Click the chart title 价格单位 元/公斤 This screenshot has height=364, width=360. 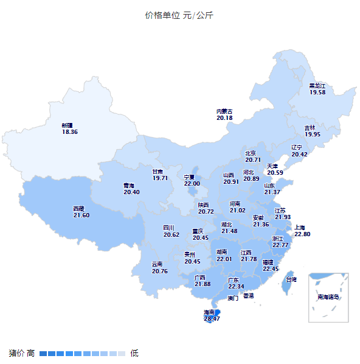(179, 15)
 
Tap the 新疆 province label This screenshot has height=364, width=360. (67, 125)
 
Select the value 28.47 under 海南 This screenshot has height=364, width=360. (212, 318)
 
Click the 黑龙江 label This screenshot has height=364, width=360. (317, 86)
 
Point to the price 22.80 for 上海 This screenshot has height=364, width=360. (302, 234)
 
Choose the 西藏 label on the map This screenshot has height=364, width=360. (79, 209)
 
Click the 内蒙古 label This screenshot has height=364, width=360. (224, 111)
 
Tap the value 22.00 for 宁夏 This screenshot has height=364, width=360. (192, 184)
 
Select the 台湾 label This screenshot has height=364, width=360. (291, 280)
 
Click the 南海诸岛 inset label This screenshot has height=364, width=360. (328, 297)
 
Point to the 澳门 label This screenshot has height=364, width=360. (232, 298)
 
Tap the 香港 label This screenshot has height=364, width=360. (249, 296)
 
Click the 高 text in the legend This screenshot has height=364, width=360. (30, 353)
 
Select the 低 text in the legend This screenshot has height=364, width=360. (134, 353)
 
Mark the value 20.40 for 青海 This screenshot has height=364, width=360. (131, 192)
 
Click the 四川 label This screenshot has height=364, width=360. (168, 228)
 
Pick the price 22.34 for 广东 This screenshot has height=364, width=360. (236, 287)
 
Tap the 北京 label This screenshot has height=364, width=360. (250, 153)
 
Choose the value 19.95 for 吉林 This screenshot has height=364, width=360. (312, 135)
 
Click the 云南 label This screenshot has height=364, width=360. (157, 264)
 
